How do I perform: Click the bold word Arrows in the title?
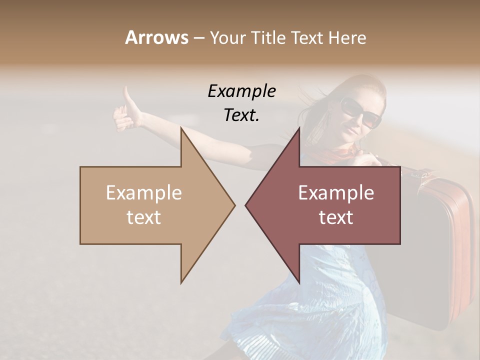point(156,37)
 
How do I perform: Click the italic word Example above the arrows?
point(241,91)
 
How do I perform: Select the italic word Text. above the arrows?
point(241,115)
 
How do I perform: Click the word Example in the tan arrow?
point(144,192)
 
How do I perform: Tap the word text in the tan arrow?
point(144,217)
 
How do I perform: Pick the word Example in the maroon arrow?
point(336,192)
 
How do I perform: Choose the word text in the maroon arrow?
point(336,217)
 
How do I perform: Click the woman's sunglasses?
point(361,112)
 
